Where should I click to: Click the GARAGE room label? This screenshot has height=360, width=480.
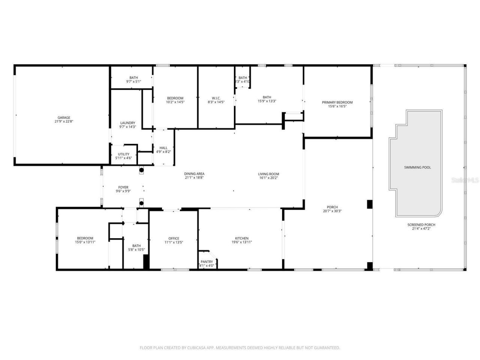click(x=64, y=118)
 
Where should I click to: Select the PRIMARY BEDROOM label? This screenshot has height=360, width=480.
click(x=337, y=102)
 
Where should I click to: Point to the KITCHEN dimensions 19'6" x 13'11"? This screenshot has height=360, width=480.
click(x=241, y=242)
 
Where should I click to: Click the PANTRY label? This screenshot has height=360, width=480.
click(x=207, y=262)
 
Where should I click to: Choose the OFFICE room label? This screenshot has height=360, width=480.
click(x=174, y=238)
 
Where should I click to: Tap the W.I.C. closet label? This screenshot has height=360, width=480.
click(x=216, y=98)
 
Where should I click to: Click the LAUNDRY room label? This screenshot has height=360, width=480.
click(x=127, y=123)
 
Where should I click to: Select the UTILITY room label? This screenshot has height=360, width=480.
click(x=124, y=154)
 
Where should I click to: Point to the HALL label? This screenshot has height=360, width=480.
click(x=163, y=148)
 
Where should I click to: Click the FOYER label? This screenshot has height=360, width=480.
click(x=123, y=187)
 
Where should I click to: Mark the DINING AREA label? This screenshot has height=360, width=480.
click(x=194, y=174)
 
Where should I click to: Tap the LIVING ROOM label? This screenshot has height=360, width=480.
click(x=268, y=174)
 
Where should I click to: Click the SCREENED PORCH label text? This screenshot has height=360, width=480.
click(x=421, y=225)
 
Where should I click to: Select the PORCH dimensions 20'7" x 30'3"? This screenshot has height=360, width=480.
click(x=332, y=211)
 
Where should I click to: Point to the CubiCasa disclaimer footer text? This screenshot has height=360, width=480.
click(x=240, y=348)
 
